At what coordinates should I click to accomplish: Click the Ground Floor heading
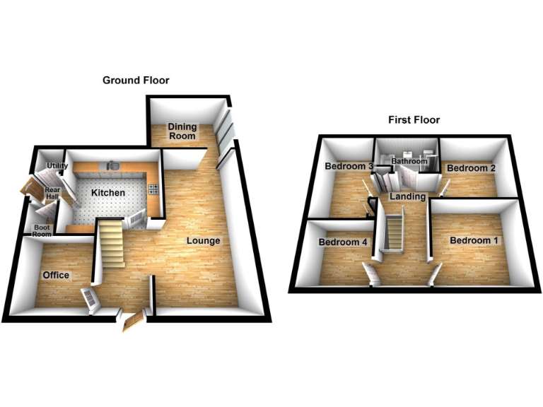tap(136, 81)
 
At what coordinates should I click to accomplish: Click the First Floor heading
tap(414, 120)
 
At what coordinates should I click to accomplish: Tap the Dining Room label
tap(182, 131)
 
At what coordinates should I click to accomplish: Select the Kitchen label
tap(107, 193)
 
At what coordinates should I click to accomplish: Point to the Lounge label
tap(204, 241)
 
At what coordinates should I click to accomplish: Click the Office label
tap(56, 275)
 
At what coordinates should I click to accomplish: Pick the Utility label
tap(57, 167)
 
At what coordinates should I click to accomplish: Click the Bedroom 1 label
tap(474, 241)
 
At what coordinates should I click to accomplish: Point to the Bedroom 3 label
tap(349, 167)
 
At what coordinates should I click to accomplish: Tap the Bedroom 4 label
tap(343, 242)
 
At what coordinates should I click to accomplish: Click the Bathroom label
tap(409, 162)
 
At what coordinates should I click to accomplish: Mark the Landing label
tap(407, 196)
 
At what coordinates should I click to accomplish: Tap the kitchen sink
tap(112, 165)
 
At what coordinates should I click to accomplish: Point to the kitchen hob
tap(153, 188)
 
